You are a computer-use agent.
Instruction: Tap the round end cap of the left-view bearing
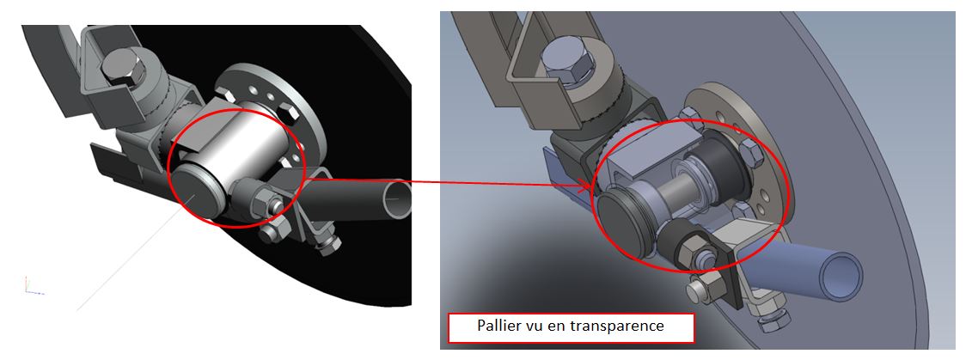[194, 195]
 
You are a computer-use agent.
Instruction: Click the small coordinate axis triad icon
[33, 285]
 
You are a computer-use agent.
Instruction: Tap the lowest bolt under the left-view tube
[328, 246]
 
